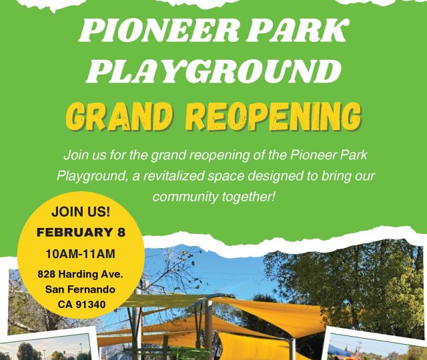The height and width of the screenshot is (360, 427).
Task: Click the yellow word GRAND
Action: (x=119, y=117)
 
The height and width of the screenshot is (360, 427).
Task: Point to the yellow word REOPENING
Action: (x=274, y=117)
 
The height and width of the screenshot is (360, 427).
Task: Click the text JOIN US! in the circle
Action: (x=81, y=212)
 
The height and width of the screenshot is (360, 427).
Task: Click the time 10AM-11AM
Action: (x=80, y=254)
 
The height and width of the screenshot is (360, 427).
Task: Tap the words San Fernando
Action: (x=80, y=289)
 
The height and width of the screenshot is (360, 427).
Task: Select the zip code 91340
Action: (x=91, y=305)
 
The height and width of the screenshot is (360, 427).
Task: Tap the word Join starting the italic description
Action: (x=76, y=155)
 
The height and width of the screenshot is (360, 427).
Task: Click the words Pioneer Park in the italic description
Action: (x=329, y=155)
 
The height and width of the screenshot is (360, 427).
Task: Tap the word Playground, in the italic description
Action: (x=93, y=176)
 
